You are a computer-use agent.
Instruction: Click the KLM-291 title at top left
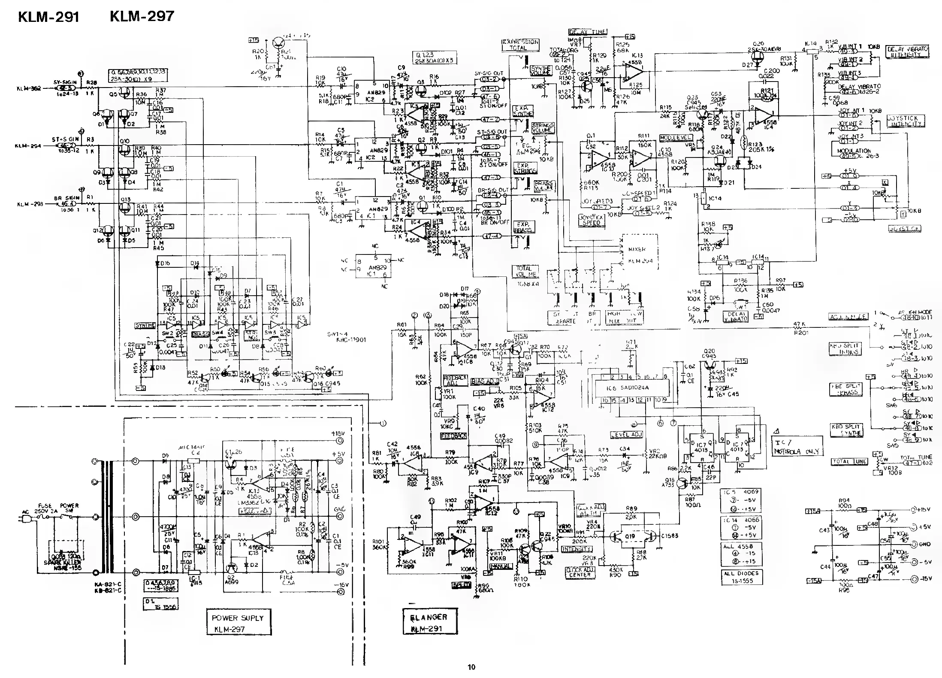point(48,17)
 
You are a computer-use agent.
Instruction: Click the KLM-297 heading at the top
point(142,16)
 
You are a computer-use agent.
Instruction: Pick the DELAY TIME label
point(587,32)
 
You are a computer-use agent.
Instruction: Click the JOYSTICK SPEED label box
point(592,220)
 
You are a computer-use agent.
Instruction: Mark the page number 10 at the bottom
point(471,666)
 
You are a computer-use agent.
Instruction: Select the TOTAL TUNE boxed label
point(849,462)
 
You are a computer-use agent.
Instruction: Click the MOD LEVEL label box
point(676,138)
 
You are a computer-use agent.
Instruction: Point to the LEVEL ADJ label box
point(626,434)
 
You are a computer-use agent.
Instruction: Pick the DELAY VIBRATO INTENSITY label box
point(907,52)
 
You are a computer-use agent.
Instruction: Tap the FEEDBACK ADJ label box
point(455,380)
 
